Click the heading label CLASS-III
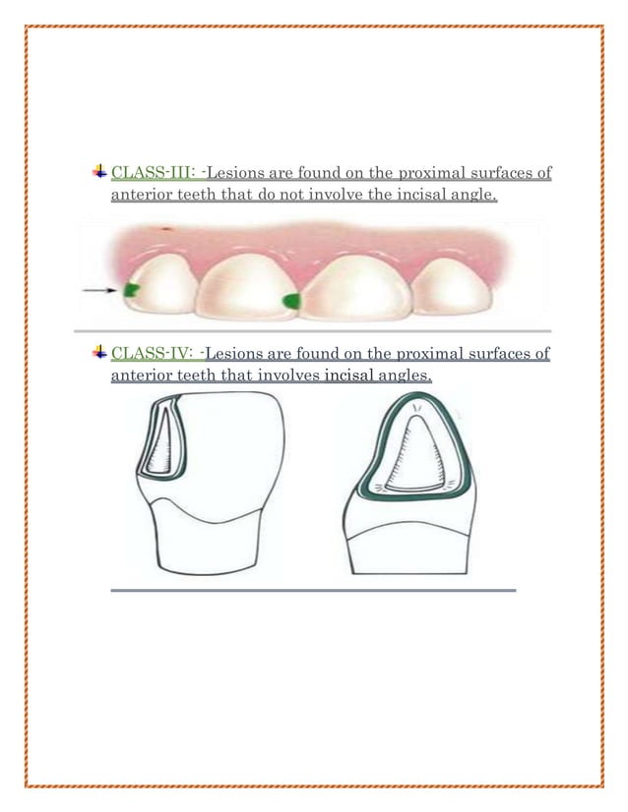(157, 176)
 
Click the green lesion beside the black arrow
(130, 289)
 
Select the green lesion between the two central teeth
(290, 300)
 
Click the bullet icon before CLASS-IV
(100, 352)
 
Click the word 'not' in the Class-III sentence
(290, 198)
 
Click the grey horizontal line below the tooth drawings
(313, 591)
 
